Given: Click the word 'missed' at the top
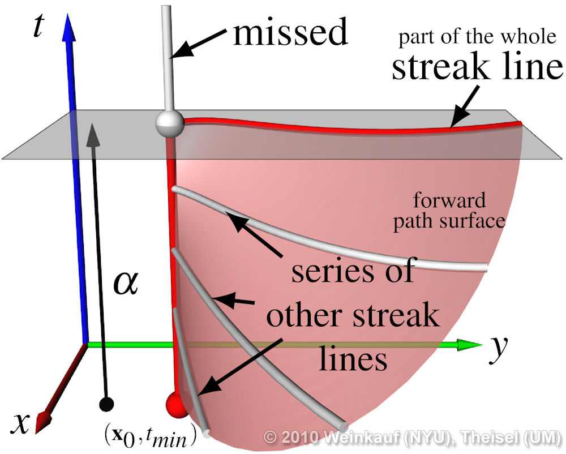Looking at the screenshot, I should (x=290, y=32).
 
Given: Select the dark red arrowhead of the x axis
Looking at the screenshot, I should (x=41, y=422).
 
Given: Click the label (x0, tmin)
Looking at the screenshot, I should (x=149, y=433).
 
